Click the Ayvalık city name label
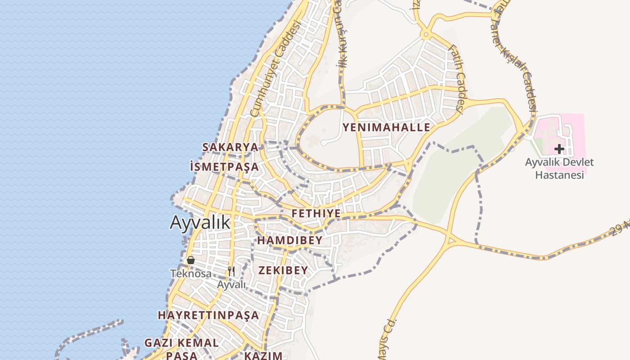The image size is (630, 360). point(200,222)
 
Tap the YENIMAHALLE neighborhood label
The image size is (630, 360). point(386,127)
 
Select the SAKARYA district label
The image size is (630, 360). point(230,147)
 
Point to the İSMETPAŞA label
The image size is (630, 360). point(224,167)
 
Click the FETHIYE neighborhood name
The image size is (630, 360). point(316,213)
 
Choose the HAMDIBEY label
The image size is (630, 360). point(290,240)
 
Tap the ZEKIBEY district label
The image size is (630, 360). point(283,270)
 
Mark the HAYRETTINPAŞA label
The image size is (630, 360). point(208,315)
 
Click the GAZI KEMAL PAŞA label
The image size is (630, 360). point(181,349)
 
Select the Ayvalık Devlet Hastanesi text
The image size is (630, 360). point(559,168)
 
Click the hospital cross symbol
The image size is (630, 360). point(559,149)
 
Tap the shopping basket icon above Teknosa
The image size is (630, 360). point(191,260)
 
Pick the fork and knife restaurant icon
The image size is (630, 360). point(231,271)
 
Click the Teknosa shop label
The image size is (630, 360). point(191,273)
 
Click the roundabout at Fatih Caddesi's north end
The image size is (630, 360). point(425,34)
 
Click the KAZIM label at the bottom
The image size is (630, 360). point(263,355)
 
